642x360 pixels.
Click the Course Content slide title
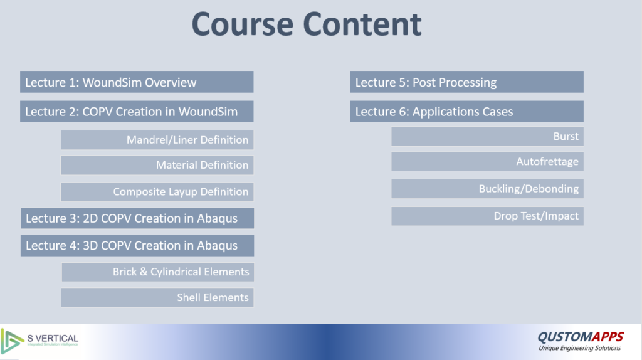(x=306, y=24)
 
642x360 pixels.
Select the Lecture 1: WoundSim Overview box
(x=137, y=82)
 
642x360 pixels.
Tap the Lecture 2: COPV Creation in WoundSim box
(x=137, y=112)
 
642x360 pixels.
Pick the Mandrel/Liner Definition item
(x=157, y=140)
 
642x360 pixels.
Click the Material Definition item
(x=157, y=165)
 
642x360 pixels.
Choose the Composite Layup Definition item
(x=157, y=192)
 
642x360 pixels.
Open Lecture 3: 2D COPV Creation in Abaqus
(x=137, y=218)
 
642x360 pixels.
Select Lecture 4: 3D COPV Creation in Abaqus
(x=137, y=246)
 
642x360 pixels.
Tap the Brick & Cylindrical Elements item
(x=158, y=272)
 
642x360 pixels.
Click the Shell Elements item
(x=157, y=297)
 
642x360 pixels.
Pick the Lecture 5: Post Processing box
(x=466, y=82)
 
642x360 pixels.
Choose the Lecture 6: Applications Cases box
(x=466, y=112)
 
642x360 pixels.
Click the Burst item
(x=488, y=136)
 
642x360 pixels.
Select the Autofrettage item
(x=488, y=161)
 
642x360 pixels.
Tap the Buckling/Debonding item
(x=488, y=189)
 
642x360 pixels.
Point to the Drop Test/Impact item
(x=488, y=216)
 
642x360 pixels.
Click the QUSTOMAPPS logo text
(x=581, y=337)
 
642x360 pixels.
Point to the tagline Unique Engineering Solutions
(x=580, y=348)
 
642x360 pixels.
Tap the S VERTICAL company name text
(x=53, y=338)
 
